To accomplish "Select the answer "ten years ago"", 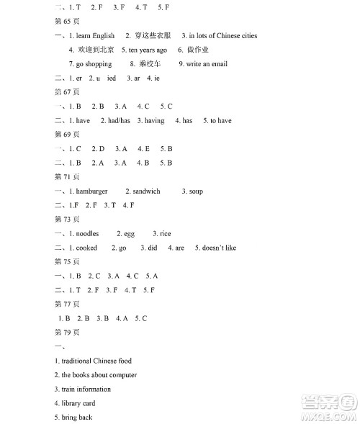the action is [x=148, y=50].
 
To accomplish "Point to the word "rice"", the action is [x=166, y=233].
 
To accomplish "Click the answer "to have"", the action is [x=220, y=120].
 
